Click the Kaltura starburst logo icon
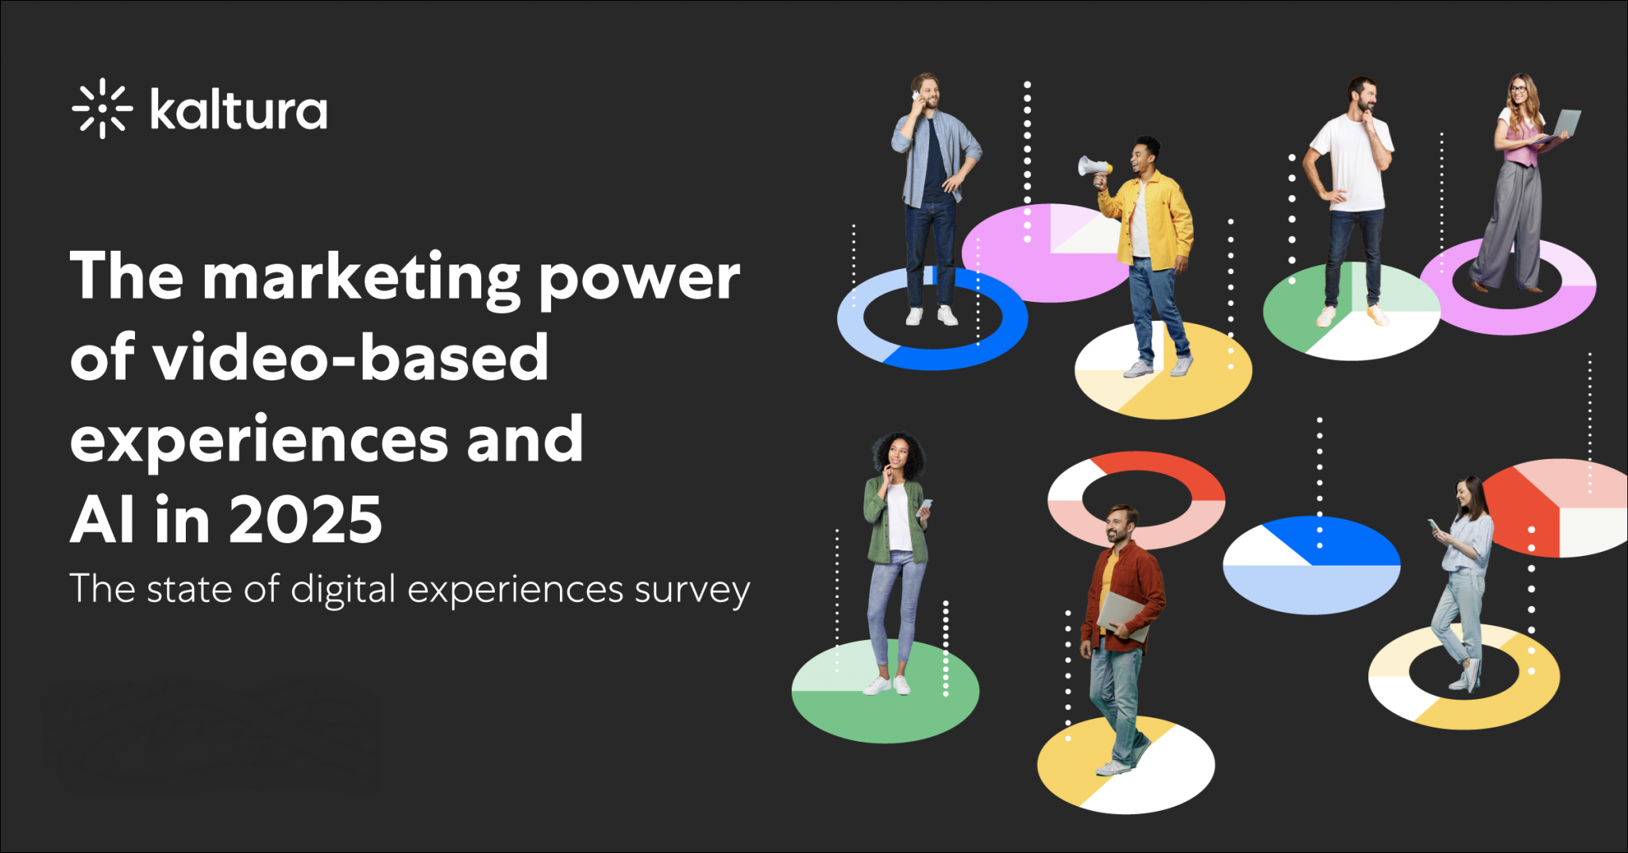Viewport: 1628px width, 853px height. point(102,109)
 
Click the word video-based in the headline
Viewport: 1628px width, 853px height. point(350,357)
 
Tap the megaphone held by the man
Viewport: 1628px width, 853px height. point(1094,168)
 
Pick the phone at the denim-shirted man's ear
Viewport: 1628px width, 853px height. point(916,98)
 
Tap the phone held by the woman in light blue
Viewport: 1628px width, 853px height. point(1434,526)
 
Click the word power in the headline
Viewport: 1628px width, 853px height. point(639,282)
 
